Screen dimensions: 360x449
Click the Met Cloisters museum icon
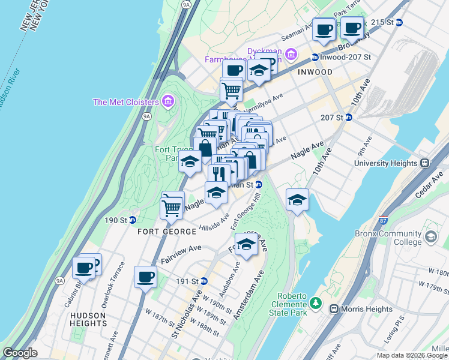point(167,101)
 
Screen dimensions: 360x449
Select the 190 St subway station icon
point(134,220)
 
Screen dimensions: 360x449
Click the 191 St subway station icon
point(204,281)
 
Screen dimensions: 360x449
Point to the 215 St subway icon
point(399,22)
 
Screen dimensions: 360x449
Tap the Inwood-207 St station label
point(346,58)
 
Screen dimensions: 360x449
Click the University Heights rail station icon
point(424,163)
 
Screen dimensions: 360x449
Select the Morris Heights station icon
point(334,308)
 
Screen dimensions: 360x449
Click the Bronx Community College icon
point(430,237)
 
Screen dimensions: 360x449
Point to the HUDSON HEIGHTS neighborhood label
point(88,315)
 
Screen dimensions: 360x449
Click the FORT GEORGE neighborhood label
point(166,232)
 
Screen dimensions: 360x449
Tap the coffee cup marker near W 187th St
point(146,278)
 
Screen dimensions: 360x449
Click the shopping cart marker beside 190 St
point(172,208)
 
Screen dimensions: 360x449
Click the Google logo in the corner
point(20,353)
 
